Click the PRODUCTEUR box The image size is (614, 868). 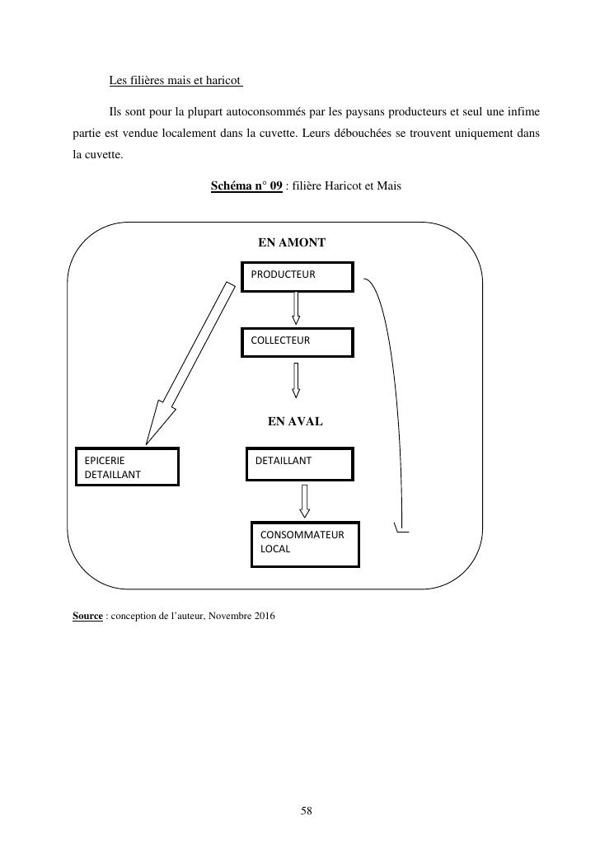pos(297,277)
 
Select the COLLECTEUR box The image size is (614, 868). pos(297,342)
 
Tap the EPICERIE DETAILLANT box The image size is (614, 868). pos(127,467)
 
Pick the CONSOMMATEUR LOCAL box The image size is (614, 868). pos(305,544)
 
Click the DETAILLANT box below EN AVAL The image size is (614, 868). pos(300,464)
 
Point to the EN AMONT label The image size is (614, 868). pos(292,242)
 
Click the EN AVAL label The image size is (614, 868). pos(295,421)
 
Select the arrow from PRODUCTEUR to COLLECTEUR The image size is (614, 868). pos(296,308)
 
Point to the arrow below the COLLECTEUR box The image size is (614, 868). pos(296,380)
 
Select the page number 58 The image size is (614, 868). pos(307,811)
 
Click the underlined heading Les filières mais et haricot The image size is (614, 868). pos(175,81)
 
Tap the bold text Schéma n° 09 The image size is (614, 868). pos(246,186)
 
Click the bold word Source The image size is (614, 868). pos(87,616)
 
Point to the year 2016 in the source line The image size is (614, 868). pos(264,616)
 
